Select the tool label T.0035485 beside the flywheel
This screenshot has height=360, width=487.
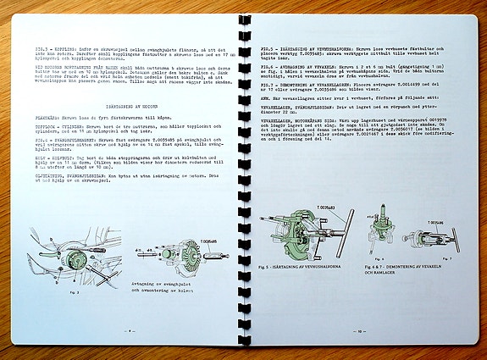tap(209, 241)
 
